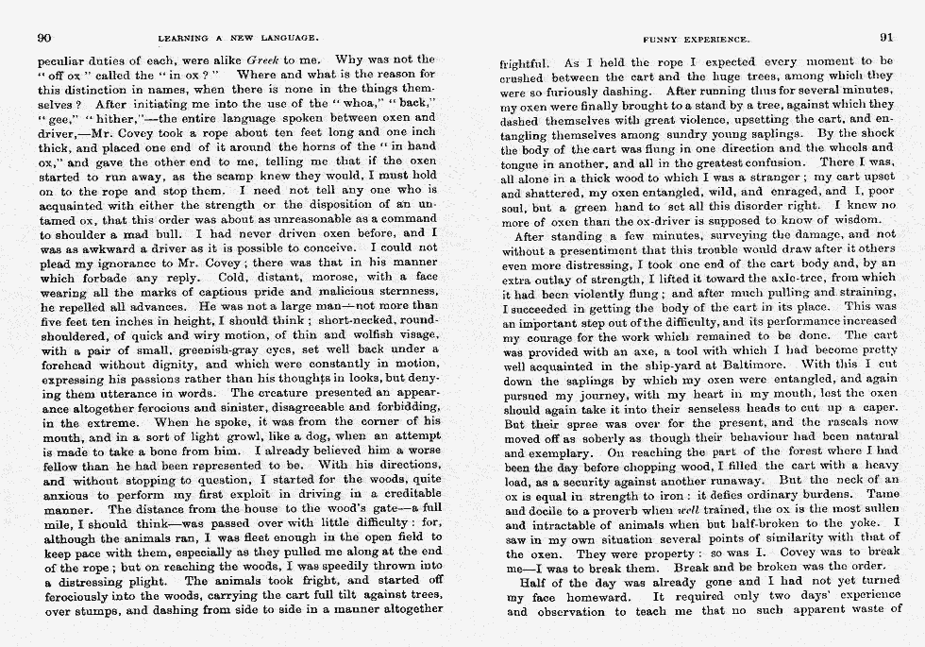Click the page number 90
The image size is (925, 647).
pos(43,38)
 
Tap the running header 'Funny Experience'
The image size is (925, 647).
pos(696,40)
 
